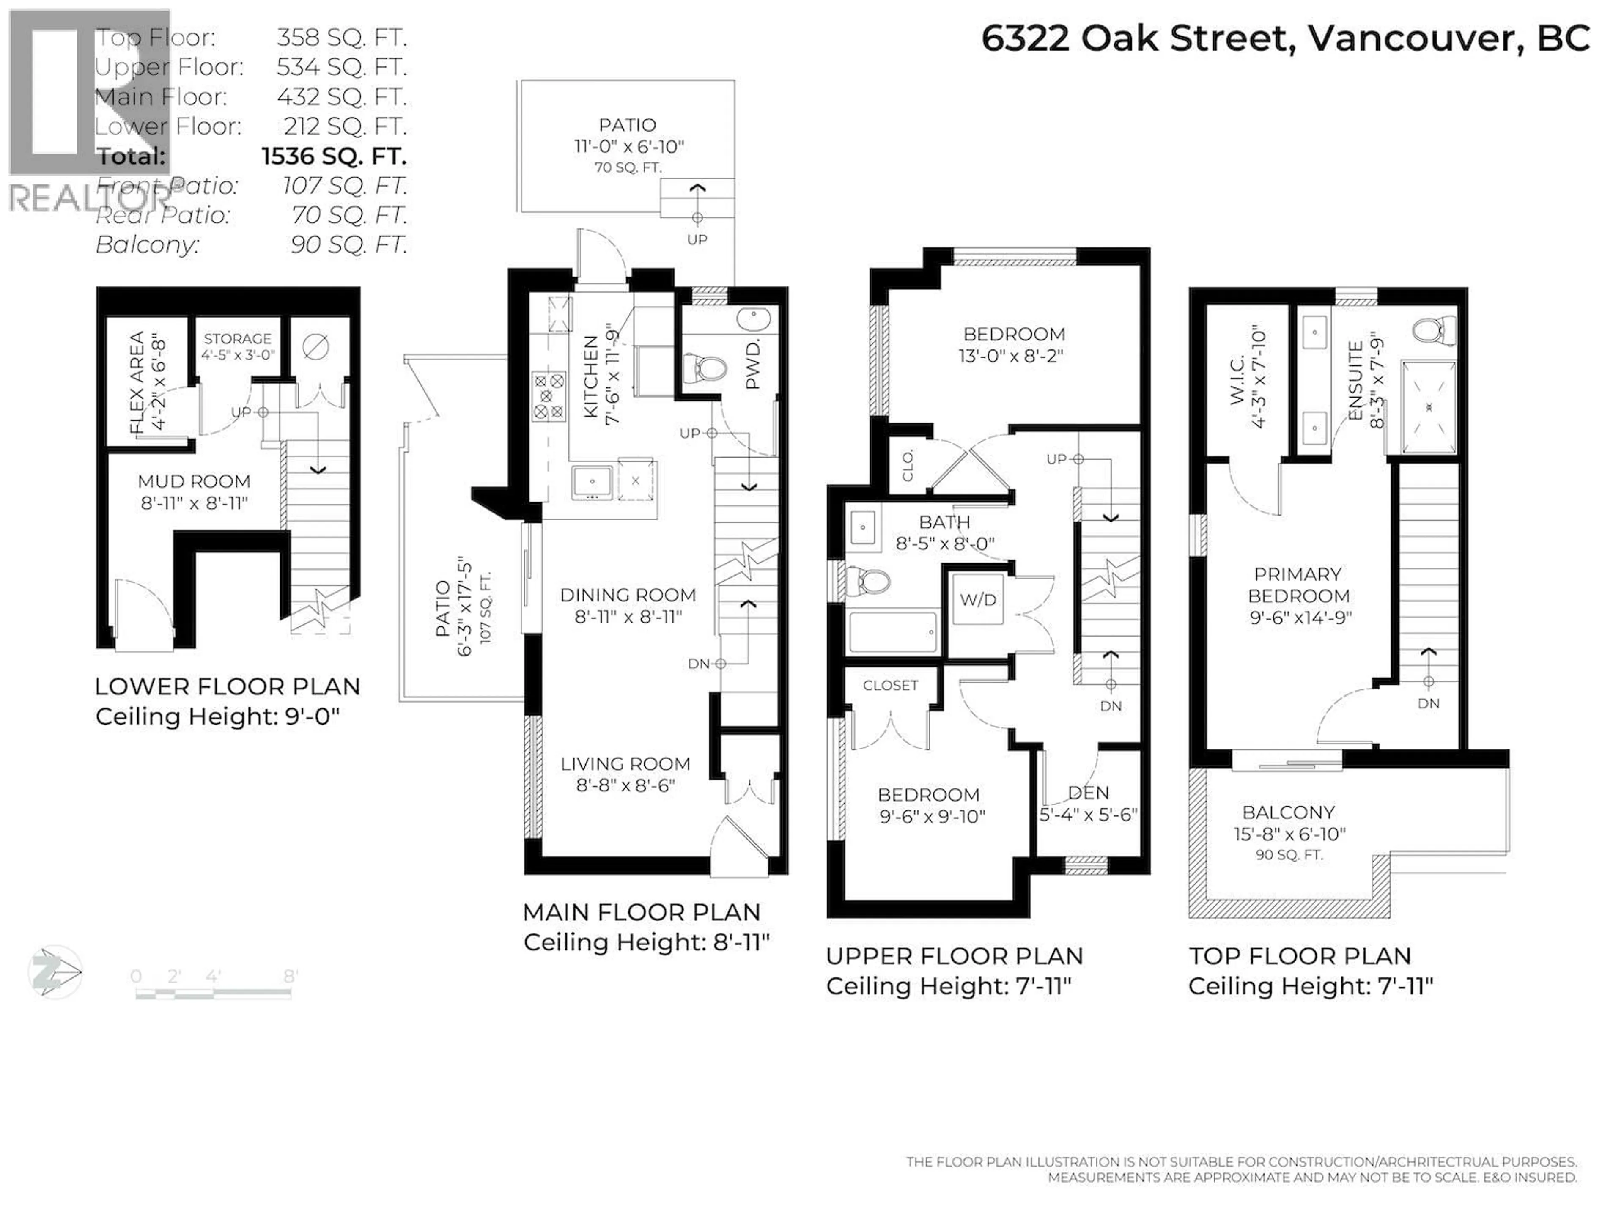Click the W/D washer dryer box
(x=977, y=600)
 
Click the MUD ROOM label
(x=194, y=482)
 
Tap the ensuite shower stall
(x=1428, y=408)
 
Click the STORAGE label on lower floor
(x=237, y=338)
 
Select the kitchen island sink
(x=591, y=483)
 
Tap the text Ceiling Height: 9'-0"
(x=217, y=716)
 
